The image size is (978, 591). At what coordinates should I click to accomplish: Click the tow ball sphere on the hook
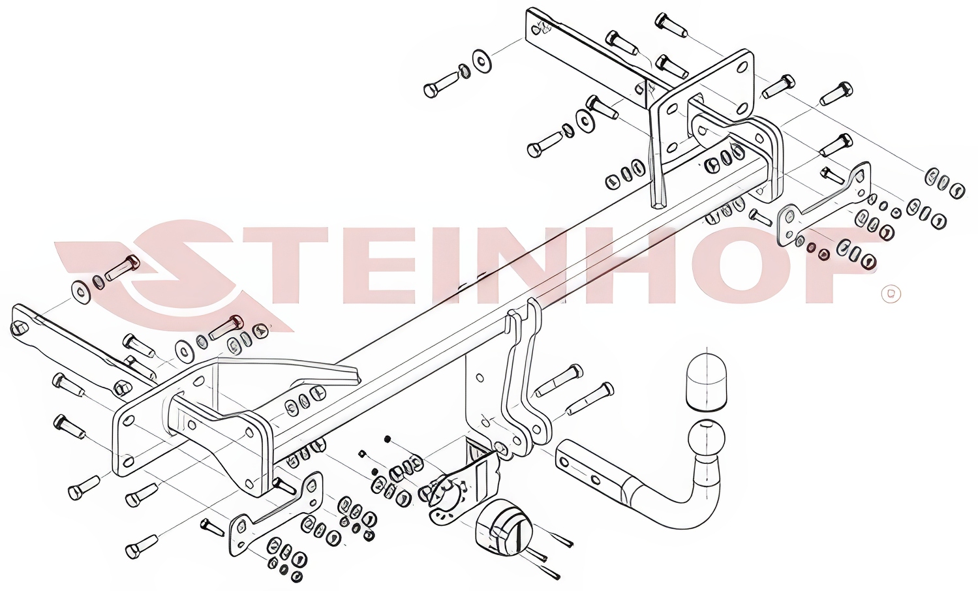pos(707,438)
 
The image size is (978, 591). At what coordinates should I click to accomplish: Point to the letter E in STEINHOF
pos(374,265)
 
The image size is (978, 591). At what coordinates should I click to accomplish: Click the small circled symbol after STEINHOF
pos(891,294)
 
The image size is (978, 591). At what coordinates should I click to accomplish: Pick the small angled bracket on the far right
pos(821,205)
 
